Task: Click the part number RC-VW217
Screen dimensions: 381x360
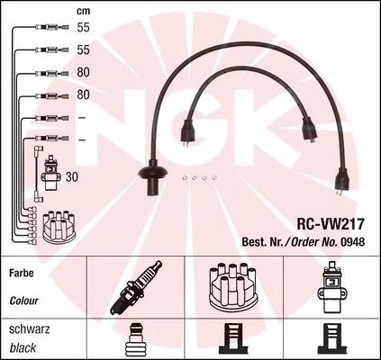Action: pyautogui.click(x=331, y=224)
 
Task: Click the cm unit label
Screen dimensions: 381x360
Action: pyautogui.click(x=83, y=12)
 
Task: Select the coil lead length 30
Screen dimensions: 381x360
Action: pyautogui.click(x=71, y=177)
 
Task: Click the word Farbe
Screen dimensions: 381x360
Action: pyautogui.click(x=22, y=273)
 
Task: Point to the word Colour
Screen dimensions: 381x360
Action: pyautogui.click(x=24, y=301)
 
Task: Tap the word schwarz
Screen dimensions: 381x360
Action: pyautogui.click(x=30, y=329)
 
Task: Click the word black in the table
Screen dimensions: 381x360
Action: pyautogui.click(x=23, y=348)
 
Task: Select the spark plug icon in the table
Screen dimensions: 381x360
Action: pyautogui.click(x=136, y=287)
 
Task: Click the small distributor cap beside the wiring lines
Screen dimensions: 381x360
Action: pyautogui.click(x=60, y=227)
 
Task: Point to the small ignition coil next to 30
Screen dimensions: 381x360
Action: pyautogui.click(x=53, y=173)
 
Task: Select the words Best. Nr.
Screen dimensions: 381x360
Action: pyautogui.click(x=262, y=242)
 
